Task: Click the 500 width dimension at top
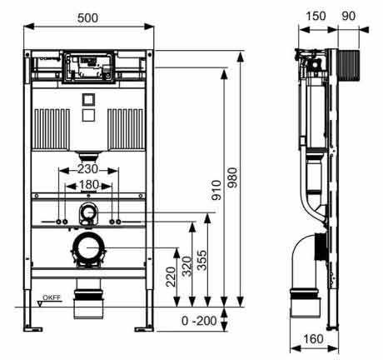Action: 90,17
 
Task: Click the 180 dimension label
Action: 89,185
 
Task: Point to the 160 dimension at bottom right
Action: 314,339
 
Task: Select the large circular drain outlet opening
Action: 89,247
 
